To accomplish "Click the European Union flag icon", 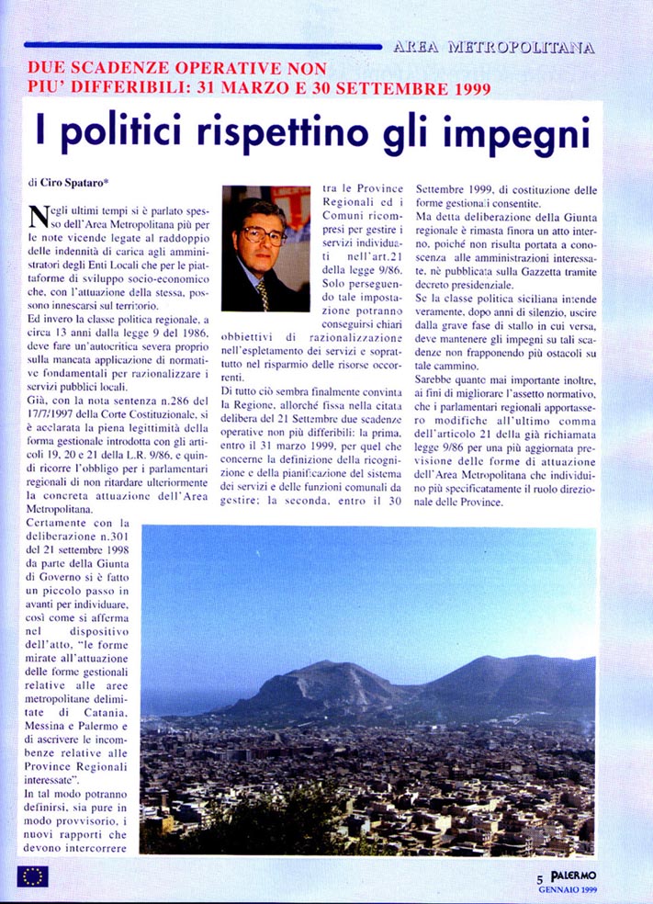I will coord(32,876).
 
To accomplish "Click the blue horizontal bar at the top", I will coord(202,45).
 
